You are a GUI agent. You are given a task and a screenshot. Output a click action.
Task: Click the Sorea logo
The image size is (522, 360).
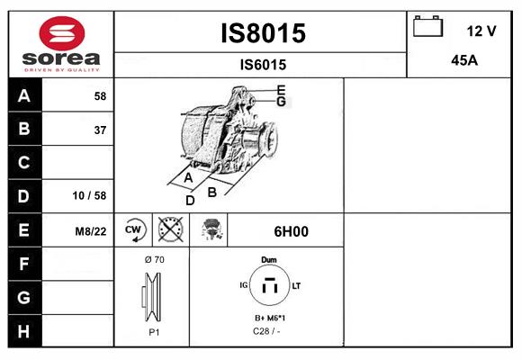tap(60, 44)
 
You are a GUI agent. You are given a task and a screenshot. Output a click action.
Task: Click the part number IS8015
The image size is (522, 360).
tap(263, 33)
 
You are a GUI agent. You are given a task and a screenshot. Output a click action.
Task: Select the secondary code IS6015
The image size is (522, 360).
tap(263, 65)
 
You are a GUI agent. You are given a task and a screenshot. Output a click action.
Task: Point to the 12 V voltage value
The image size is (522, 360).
tap(481, 31)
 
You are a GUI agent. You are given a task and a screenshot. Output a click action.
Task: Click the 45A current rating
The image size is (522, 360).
tap(463, 60)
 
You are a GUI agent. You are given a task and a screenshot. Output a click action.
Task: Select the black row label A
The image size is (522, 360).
tap(23, 96)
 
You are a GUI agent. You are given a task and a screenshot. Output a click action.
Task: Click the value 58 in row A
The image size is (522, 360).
tap(100, 96)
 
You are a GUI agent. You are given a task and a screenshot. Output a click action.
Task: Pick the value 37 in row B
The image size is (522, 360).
tap(100, 130)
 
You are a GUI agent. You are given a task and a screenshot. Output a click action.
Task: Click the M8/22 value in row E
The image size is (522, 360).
tap(91, 231)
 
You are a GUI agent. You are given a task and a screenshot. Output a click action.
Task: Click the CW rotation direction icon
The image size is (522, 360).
tap(134, 230)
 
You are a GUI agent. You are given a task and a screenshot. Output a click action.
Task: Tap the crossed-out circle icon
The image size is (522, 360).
tap(169, 230)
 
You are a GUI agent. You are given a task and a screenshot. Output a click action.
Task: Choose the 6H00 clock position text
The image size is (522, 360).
tap(291, 231)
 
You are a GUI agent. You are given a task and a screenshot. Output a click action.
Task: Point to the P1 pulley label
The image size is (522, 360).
tap(153, 332)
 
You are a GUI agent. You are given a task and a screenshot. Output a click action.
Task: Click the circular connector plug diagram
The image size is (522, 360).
tap(268, 288)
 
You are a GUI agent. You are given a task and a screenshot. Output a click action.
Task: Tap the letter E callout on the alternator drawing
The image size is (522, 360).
tap(282, 89)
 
